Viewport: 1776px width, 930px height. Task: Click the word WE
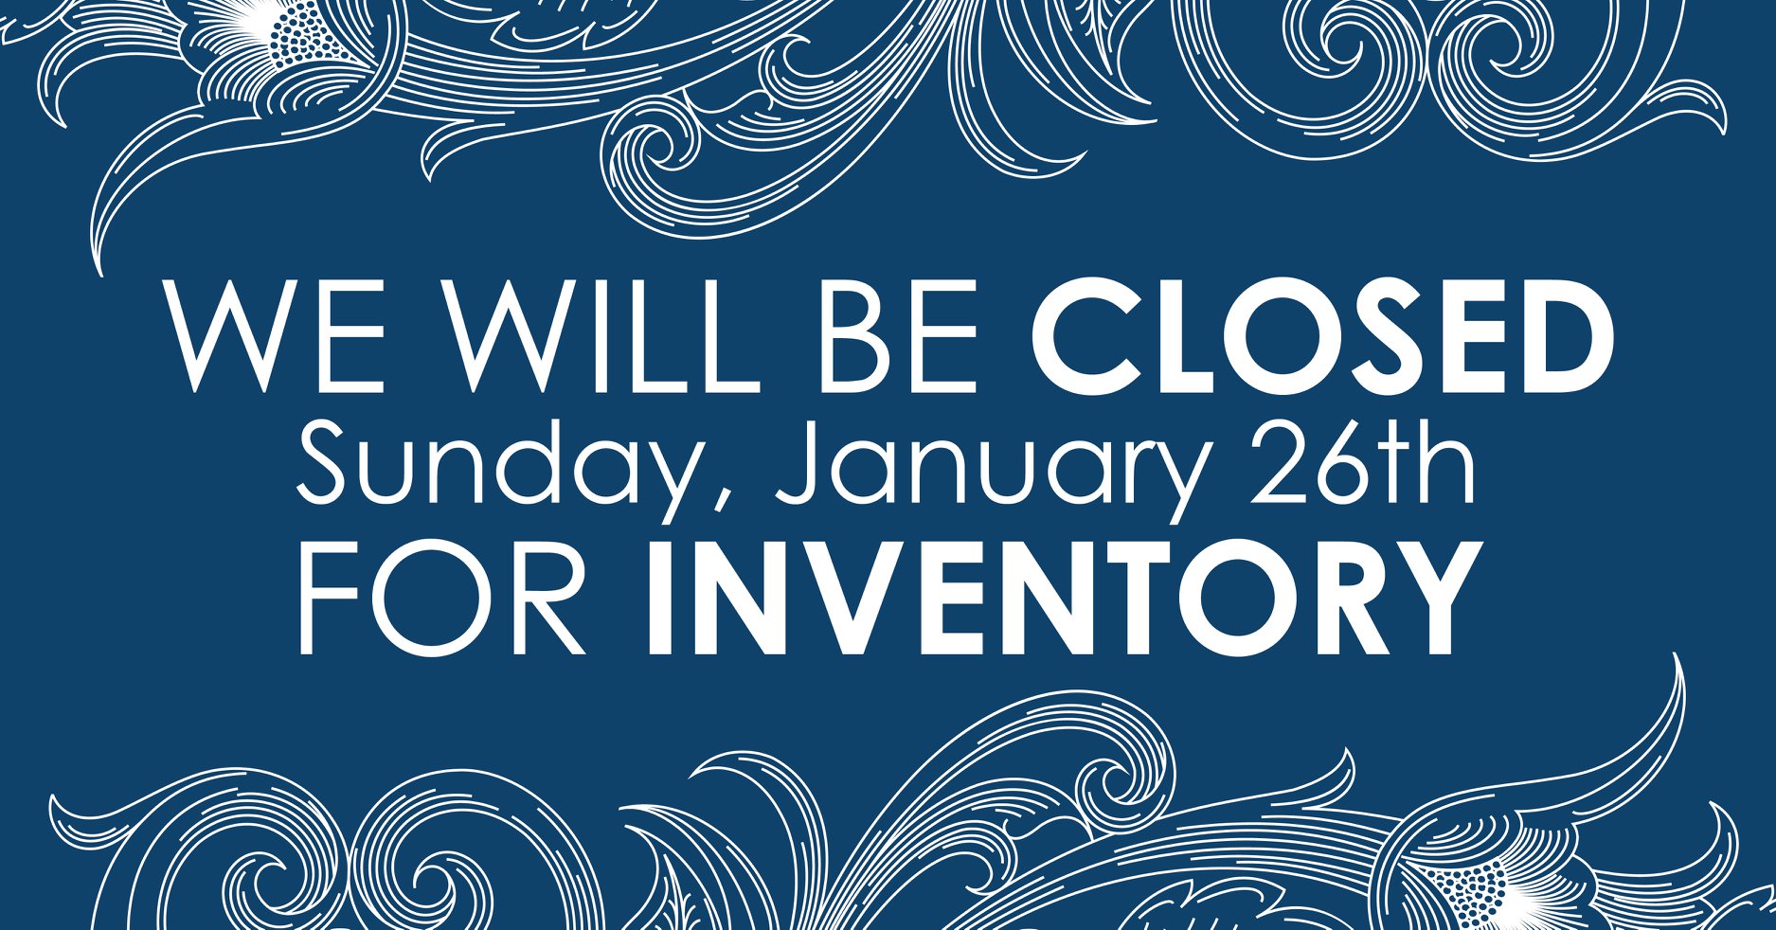pyautogui.click(x=274, y=336)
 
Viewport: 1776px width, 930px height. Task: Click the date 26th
pyautogui.click(x=1364, y=459)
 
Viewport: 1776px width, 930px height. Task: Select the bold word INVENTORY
pyautogui.click(x=1062, y=598)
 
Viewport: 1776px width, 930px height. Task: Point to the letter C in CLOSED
pyautogui.click(x=1084, y=336)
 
